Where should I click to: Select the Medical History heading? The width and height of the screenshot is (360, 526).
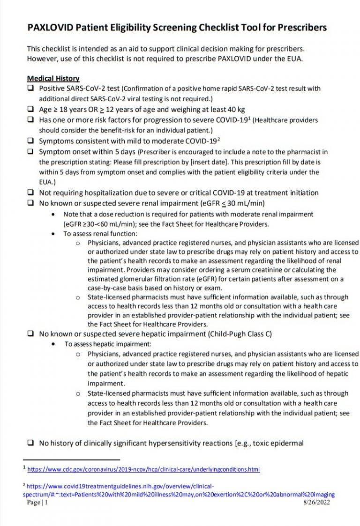(x=53, y=78)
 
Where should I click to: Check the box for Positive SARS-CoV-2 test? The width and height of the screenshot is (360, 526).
(x=30, y=88)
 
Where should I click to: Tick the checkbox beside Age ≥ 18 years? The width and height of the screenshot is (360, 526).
(x=30, y=109)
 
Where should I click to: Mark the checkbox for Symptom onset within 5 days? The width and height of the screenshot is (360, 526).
(x=30, y=151)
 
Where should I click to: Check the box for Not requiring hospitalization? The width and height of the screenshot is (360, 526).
(x=30, y=193)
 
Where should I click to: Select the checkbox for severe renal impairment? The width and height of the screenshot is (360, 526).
(x=30, y=203)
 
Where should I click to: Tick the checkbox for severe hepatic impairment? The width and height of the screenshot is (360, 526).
(x=30, y=334)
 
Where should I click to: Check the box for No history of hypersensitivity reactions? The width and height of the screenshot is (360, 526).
(x=30, y=443)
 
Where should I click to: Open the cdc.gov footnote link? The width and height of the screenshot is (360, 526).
(x=143, y=469)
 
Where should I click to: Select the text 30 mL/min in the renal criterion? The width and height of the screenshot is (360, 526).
(x=247, y=203)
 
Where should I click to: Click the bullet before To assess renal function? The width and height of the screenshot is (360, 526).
(x=54, y=234)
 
